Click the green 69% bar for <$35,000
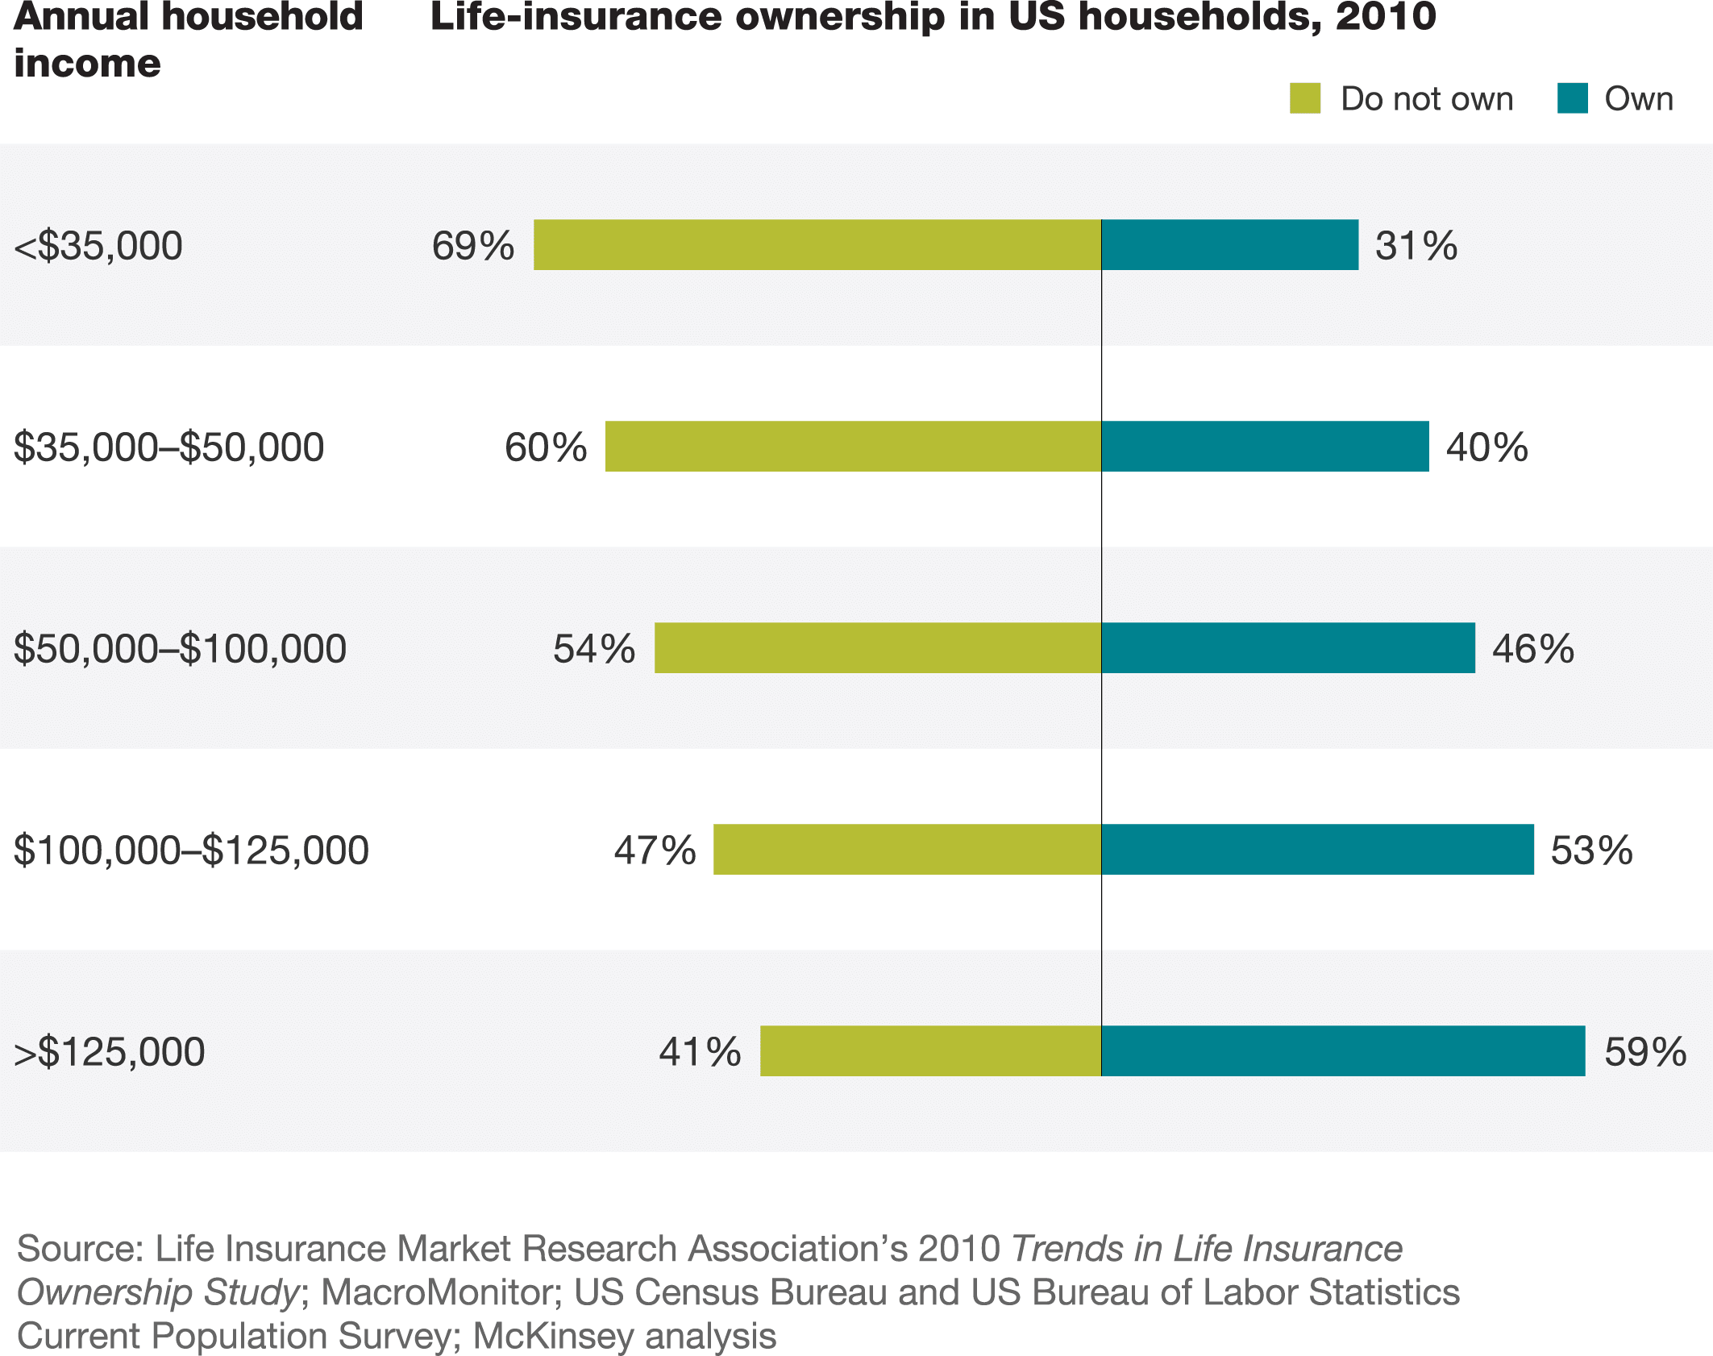coord(817,245)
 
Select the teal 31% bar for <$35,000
coord(1229,245)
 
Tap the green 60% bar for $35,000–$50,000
coord(853,447)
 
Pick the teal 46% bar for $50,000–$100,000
coord(1288,648)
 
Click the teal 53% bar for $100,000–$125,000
coord(1317,850)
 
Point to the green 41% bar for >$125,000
coord(930,1051)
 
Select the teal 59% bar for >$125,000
coord(1343,1051)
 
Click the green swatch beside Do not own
coord(1305,98)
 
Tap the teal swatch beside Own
coord(1572,98)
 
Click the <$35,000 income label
coord(98,246)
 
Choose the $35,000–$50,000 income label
coord(168,447)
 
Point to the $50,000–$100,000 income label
coord(180,649)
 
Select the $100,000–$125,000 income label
coord(191,851)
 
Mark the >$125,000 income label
coord(110,1052)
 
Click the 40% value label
coord(1486,447)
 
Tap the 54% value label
coord(594,649)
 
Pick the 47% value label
coord(655,851)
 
